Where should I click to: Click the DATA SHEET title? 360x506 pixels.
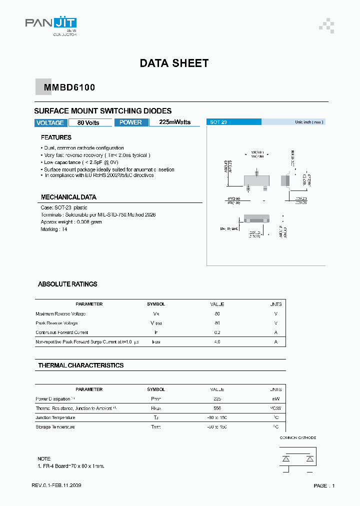pyautogui.click(x=174, y=63)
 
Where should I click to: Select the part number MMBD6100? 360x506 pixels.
pyautogui.click(x=69, y=87)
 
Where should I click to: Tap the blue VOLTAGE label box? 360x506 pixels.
pyautogui.click(x=50, y=123)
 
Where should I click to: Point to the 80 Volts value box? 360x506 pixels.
pyautogui.click(x=88, y=123)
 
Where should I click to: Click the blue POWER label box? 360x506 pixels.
pyautogui.click(x=131, y=122)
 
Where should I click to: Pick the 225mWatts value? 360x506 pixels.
pyautogui.click(x=174, y=122)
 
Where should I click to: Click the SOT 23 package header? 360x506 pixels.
pyautogui.click(x=234, y=122)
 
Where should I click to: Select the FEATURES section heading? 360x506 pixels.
pyautogui.click(x=56, y=137)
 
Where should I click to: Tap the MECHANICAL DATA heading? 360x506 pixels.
pyautogui.click(x=68, y=197)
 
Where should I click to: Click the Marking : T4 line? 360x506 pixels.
pyautogui.click(x=54, y=229)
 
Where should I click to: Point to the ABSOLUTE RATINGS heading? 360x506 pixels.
pyautogui.click(x=67, y=284)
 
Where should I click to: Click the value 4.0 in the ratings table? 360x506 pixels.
pyautogui.click(x=217, y=342)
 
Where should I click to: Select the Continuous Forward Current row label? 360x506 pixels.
pyautogui.click(x=62, y=332)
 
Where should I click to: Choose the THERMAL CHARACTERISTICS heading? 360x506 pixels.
pyautogui.click(x=81, y=365)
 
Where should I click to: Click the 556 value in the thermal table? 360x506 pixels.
pyautogui.click(x=217, y=408)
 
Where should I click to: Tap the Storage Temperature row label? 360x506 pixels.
pyautogui.click(x=55, y=427)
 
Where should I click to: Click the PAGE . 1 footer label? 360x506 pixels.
pyautogui.click(x=324, y=485)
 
